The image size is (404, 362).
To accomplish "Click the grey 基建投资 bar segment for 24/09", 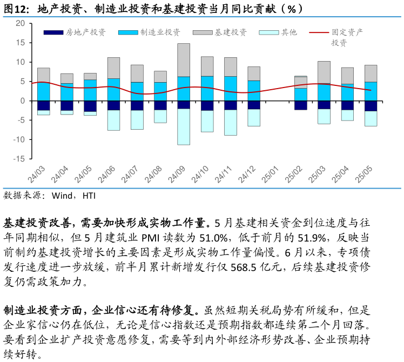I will tap(184, 60).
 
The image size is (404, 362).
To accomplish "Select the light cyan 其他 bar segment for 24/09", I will tap(184, 126).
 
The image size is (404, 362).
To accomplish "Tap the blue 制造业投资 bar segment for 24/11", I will tap(231, 89).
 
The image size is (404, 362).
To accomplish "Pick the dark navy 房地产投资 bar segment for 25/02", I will tap(301, 105).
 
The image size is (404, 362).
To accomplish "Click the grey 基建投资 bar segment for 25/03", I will tap(324, 72).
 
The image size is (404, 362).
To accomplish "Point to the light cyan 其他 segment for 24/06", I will tap(113, 120).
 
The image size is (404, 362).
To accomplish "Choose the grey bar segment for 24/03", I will tap(43, 75).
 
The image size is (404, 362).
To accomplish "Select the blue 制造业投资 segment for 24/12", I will tap(254, 91).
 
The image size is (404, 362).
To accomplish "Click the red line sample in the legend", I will tap(319, 32).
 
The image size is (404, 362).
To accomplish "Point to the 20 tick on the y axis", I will tap(21, 23).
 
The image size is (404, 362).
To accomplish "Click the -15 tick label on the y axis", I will tap(19, 159).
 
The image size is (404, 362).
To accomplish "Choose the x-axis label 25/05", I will tap(363, 175).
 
